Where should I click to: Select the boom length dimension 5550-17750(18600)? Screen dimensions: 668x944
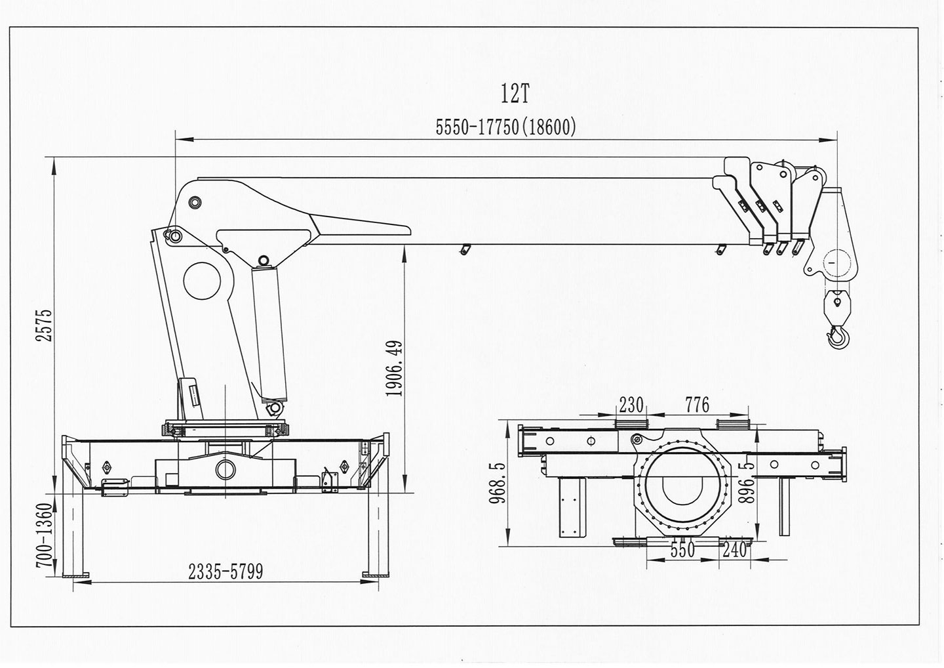(x=506, y=127)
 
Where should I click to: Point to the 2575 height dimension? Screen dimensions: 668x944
(x=44, y=325)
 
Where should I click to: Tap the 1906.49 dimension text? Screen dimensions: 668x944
(x=394, y=367)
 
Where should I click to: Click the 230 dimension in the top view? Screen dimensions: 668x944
(x=631, y=405)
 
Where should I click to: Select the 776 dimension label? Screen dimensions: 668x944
(x=697, y=405)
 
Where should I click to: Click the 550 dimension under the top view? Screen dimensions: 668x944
(x=682, y=550)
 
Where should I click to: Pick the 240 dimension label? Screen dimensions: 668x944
(x=734, y=550)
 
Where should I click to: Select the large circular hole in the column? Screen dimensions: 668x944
(x=203, y=282)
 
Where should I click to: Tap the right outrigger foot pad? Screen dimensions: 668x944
(x=374, y=575)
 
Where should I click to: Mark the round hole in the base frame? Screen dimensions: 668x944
(x=224, y=469)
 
